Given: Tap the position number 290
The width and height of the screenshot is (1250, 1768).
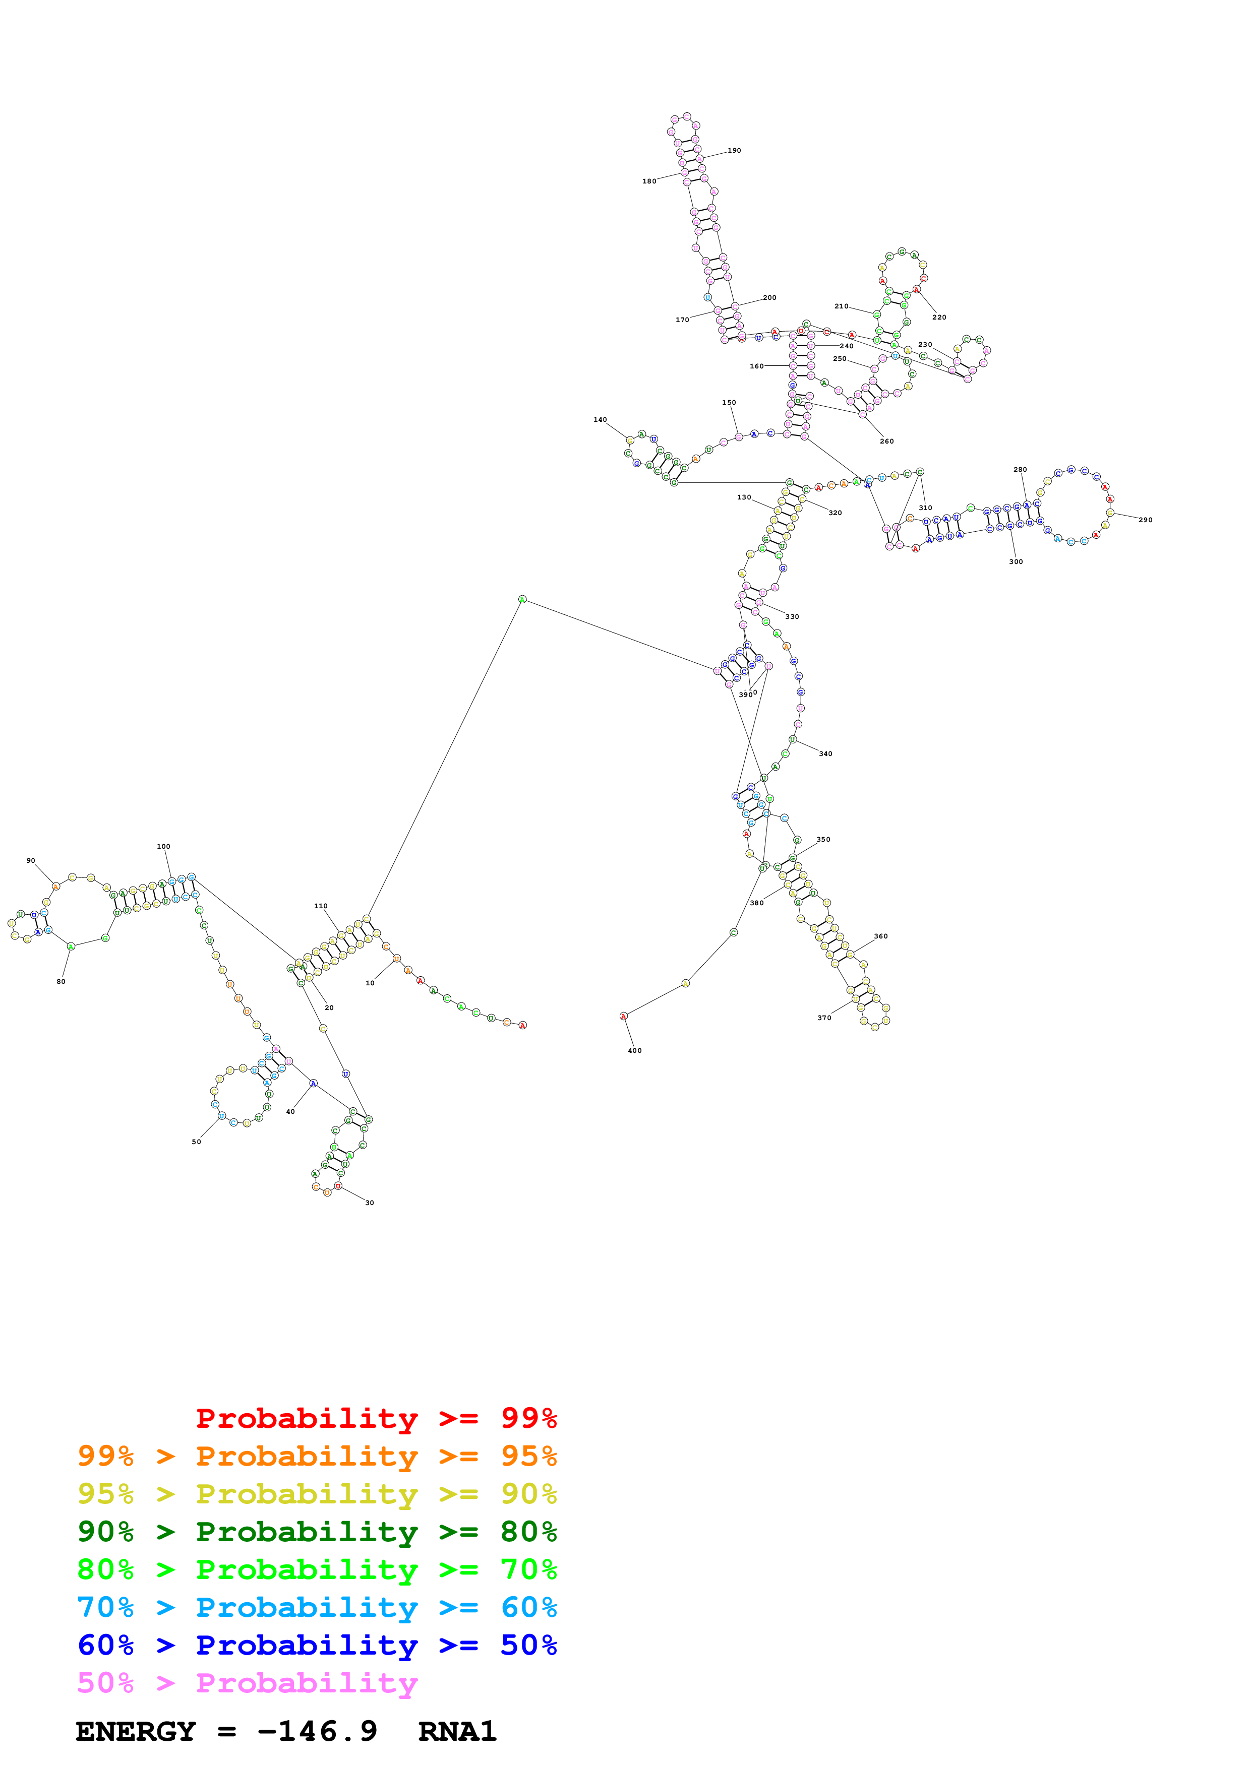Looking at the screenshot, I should coord(1145,520).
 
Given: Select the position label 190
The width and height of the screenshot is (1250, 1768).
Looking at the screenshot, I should coord(734,151).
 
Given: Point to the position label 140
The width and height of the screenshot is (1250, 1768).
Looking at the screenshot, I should coord(600,420).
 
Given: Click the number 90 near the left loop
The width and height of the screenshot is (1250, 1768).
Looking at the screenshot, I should coord(31,861).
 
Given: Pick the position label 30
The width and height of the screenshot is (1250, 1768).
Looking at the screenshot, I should coord(370,1203).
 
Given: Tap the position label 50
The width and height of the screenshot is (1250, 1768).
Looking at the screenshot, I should coord(196,1142).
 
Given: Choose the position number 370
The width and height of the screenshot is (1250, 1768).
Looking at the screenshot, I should coord(824,1018).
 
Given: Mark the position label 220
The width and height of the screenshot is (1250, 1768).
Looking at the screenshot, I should coord(939,317).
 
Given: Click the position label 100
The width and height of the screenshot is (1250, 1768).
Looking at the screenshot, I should coord(163,846).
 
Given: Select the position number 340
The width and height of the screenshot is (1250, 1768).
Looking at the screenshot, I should coord(825,754).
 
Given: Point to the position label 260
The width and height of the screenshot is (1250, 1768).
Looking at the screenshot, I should coord(886,441).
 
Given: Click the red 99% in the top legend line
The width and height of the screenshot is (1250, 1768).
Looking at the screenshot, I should coord(528,1418).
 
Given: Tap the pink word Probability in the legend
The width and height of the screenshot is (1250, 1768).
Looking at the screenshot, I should coord(307,1683).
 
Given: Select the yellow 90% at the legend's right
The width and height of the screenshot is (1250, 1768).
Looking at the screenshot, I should coord(528,1493).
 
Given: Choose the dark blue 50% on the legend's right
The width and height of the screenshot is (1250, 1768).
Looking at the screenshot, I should coord(528,1645).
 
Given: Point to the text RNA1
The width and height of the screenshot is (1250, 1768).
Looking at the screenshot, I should coord(457,1731).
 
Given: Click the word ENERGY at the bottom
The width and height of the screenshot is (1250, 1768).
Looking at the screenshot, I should coord(136,1731).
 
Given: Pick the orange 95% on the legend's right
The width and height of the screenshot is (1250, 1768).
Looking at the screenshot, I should coord(528,1456).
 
